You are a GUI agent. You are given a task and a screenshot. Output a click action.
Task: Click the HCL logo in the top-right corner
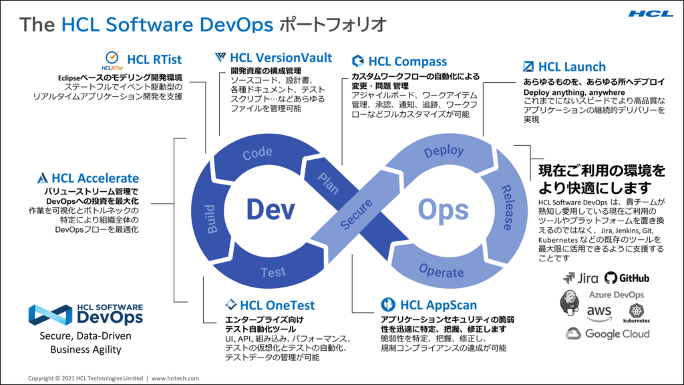pos(651,14)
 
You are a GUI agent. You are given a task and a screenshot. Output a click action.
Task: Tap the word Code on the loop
pos(257,153)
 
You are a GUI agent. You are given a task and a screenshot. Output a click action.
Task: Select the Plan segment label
pos(328,183)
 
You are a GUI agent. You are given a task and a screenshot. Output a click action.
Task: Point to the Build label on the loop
pos(211,219)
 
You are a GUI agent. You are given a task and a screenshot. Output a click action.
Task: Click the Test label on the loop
pos(273,273)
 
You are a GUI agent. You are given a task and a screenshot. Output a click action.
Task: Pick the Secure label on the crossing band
pos(357,214)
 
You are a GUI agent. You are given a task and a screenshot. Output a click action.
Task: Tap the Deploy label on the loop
pos(444,152)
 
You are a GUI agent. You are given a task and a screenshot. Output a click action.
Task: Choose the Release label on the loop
pos(506,207)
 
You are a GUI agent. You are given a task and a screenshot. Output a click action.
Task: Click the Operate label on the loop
pos(441,271)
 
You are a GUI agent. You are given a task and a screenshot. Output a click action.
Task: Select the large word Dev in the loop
pos(271,209)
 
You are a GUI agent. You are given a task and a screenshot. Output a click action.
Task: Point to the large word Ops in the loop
pos(444,211)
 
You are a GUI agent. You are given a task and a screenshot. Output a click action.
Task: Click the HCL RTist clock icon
pos(112,57)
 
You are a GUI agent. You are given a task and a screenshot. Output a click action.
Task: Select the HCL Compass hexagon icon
pos(358,61)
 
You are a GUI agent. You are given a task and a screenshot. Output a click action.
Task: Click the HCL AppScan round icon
pos(388,304)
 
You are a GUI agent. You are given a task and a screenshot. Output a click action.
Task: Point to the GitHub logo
pos(627,278)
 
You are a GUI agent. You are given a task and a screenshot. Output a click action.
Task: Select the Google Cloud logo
pos(608,334)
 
